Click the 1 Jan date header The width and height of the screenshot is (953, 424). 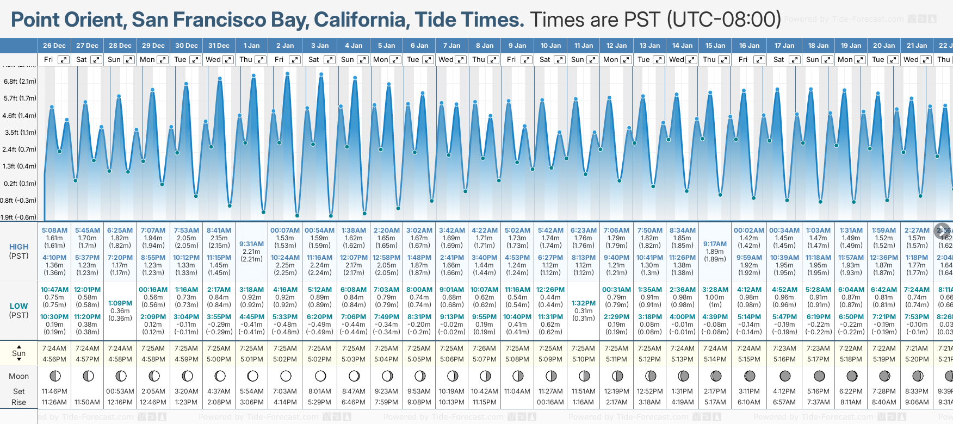pos(251,46)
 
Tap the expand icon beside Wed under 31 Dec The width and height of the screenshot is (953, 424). pos(228,60)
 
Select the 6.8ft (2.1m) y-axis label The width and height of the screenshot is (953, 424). pos(20,82)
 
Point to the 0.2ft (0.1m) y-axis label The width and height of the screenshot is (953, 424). pos(20,184)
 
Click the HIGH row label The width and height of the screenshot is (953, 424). pos(18,247)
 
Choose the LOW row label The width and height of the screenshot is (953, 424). pos(18,306)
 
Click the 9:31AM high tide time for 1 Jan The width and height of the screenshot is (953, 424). pos(251,244)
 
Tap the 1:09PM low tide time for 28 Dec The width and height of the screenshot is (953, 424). pos(120,303)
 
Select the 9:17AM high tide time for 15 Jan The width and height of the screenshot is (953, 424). pos(715,244)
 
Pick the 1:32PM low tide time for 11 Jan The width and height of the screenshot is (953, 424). pos(583,303)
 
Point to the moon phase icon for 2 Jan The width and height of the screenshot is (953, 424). pos(286,376)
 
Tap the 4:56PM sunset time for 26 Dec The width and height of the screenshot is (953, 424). pos(54,359)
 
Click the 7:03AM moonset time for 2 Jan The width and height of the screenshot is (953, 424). pos(285,391)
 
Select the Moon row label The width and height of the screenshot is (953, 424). pos(18,376)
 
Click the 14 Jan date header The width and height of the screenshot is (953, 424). pos(682,46)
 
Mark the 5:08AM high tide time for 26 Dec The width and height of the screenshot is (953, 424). pos(54,230)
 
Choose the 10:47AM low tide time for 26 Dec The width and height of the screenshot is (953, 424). pos(54,290)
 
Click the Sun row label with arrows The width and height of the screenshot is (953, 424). pos(18,353)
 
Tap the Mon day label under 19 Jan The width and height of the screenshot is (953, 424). pos(845,60)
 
